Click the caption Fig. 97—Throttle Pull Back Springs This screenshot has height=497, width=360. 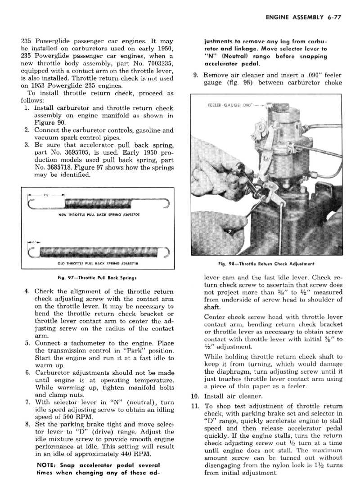(98, 278)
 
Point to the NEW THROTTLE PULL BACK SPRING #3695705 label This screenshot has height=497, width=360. (98, 214)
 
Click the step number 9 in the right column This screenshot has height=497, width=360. (197, 75)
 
